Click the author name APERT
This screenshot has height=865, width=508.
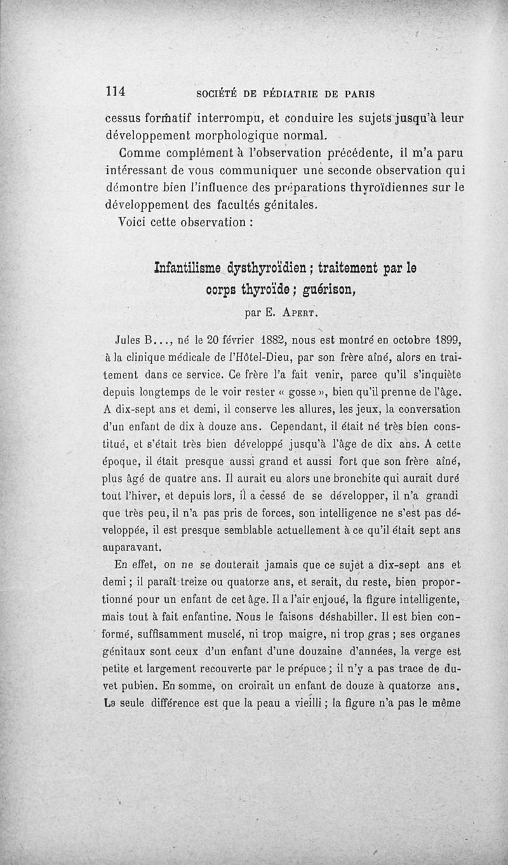click(301, 312)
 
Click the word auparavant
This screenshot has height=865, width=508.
click(132, 545)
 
